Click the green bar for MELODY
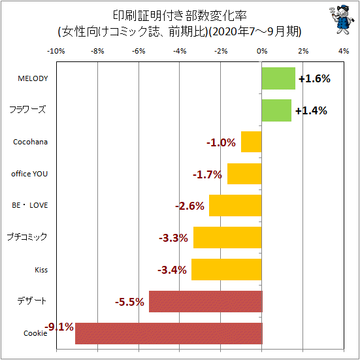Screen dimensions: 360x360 [278, 78]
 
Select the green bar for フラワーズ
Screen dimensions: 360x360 [276, 110]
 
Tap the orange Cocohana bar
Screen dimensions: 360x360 [252, 142]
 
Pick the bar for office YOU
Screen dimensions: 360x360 [244, 174]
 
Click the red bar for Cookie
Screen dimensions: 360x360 [169, 333]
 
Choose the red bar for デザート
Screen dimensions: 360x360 [206, 301]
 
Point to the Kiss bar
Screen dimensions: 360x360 [227, 270]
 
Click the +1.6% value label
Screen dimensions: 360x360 [314, 78]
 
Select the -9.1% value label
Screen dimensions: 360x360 [59, 327]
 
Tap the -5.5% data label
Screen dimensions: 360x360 [129, 302]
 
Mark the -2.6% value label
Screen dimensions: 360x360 [189, 206]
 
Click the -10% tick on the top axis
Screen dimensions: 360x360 [56, 51]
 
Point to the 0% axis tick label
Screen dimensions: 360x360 [262, 51]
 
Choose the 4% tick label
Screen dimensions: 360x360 [344, 51]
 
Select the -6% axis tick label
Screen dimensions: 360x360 [139, 51]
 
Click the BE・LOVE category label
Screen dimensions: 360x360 [30, 205]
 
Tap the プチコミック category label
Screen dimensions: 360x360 [27, 237]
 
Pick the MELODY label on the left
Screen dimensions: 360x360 [33, 78]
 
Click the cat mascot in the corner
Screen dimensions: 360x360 [340, 20]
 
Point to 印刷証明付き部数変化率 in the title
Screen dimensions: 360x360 [180, 16]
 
